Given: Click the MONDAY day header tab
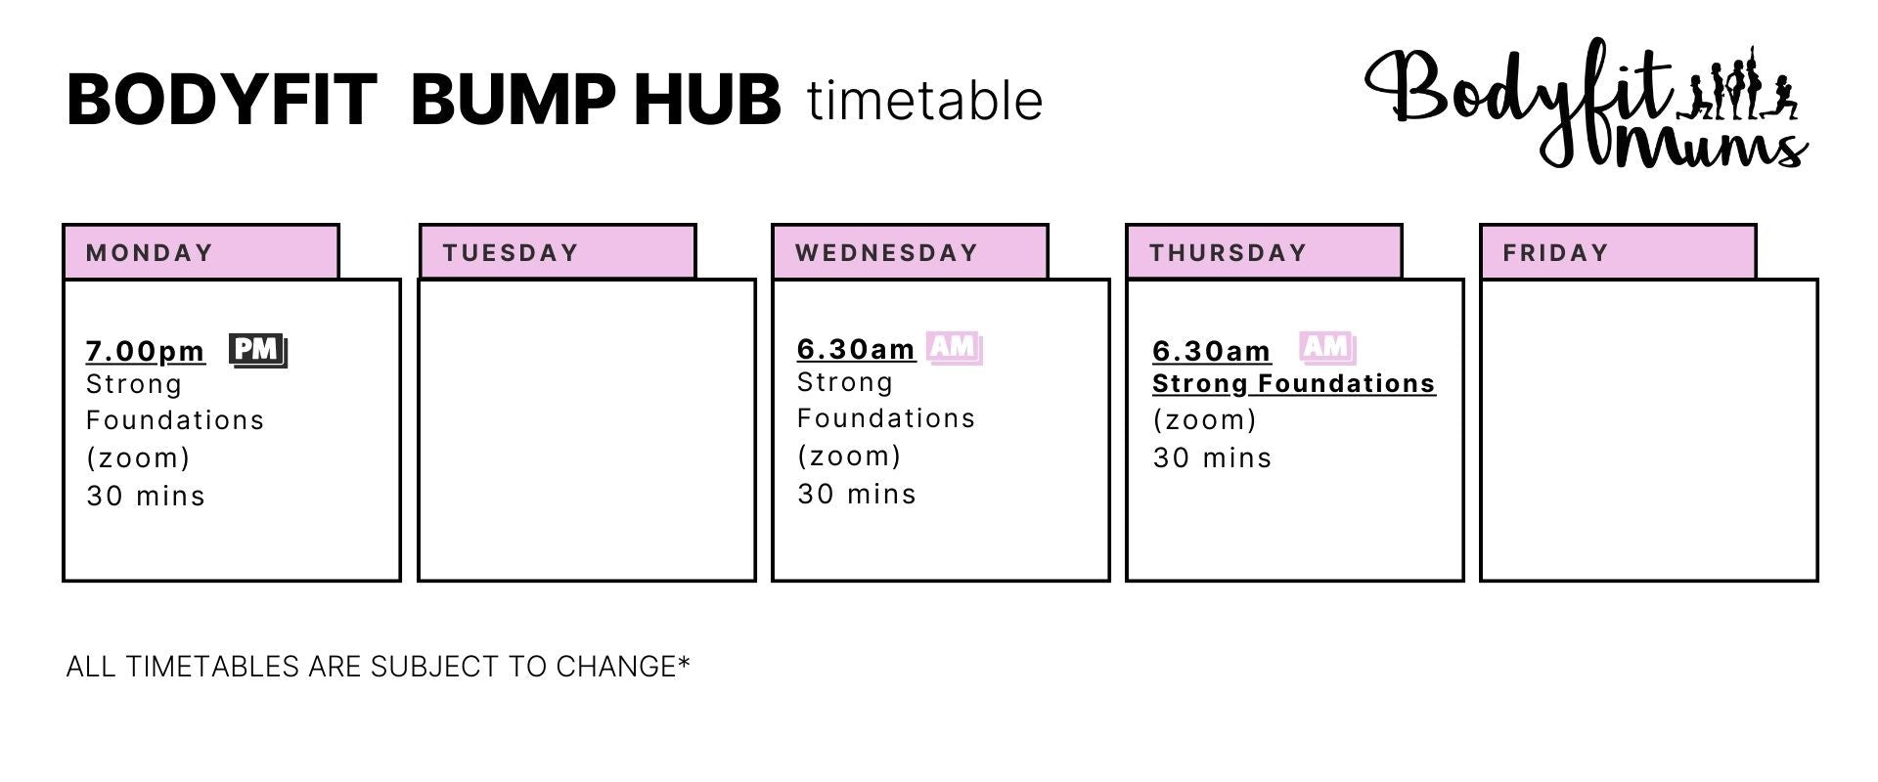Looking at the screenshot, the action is (x=201, y=252).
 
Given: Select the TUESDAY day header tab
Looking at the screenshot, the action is (x=558, y=252).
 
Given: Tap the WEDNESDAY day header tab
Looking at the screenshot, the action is (x=911, y=252).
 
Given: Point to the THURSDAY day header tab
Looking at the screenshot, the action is (x=1265, y=252).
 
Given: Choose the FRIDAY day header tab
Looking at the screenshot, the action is (x=1619, y=252).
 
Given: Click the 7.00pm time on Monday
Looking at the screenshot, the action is (x=146, y=351).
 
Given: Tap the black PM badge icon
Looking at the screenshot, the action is (x=258, y=350).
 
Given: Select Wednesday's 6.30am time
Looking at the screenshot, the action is (x=857, y=349).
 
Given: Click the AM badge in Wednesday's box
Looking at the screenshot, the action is (x=955, y=347).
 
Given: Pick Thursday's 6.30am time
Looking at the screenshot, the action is (x=1212, y=351).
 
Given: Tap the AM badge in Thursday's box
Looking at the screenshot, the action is (x=1327, y=347).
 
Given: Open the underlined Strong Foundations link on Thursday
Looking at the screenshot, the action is (x=1294, y=384).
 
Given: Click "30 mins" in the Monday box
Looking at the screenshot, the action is (x=146, y=496).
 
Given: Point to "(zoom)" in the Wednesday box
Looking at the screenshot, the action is (x=849, y=456).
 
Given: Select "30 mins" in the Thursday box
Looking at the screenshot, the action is (x=1213, y=457).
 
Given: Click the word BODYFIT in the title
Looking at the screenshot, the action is (x=222, y=100).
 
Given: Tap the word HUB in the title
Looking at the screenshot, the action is (x=707, y=100).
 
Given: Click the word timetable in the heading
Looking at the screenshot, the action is (x=925, y=101).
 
